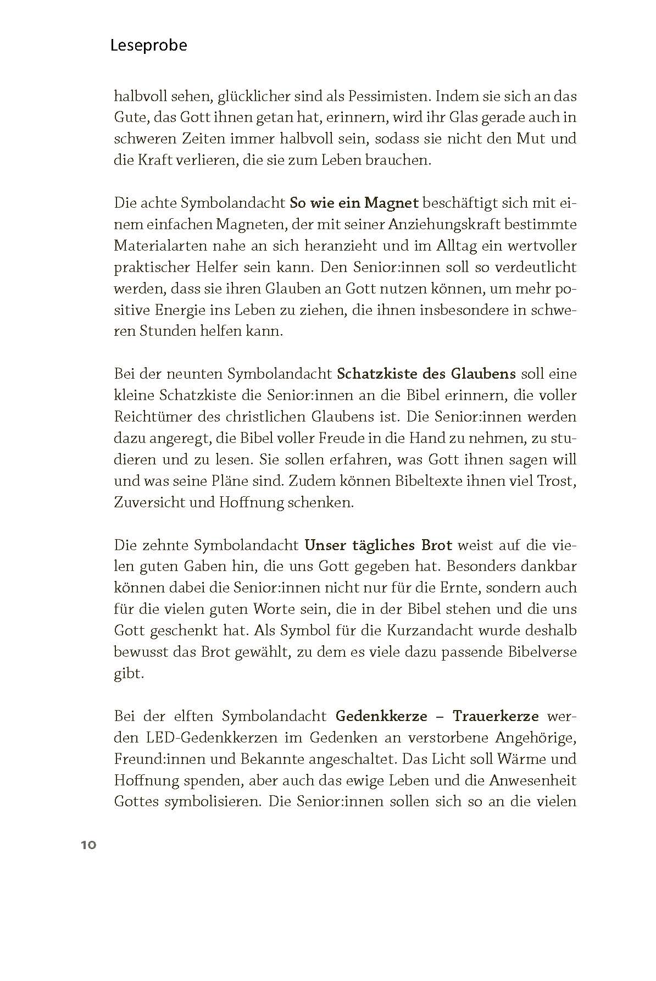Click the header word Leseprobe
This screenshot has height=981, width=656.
pos(148,45)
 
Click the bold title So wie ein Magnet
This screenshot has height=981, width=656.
pos(354,203)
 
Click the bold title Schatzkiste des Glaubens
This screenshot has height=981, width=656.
pos(426,374)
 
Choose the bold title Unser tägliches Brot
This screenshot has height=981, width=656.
pos(378,545)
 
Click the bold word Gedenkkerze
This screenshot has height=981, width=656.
pos(381,716)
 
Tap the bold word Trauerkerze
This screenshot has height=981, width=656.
pos(496,716)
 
